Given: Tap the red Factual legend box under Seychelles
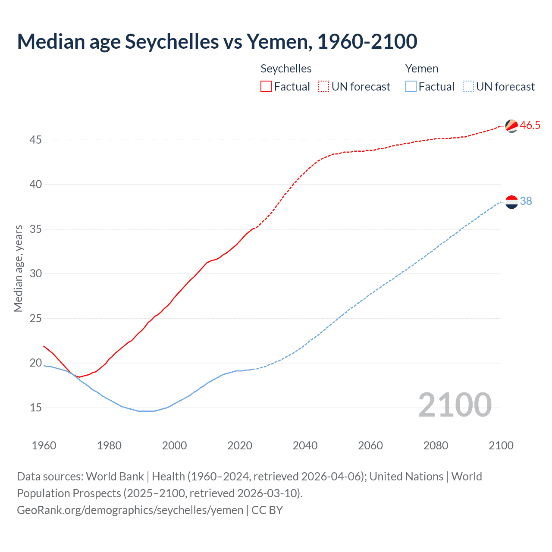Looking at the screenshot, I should point(266,87).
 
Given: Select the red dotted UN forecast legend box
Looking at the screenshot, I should point(323,87).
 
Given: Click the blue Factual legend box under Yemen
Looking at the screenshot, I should point(411,87).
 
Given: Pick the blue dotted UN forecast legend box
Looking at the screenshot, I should point(468,87).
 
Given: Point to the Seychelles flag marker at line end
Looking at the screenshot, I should point(511,125).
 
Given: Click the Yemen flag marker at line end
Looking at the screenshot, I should point(511,201).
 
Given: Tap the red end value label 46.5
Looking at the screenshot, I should point(530,125).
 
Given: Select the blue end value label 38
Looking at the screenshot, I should point(526,201).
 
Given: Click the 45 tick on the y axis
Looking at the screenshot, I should point(36,140).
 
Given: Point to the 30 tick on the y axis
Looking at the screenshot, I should point(36,274).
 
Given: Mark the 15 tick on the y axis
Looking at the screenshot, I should point(36,408).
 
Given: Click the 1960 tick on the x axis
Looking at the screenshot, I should point(44,445).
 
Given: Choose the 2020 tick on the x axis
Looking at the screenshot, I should point(240,445).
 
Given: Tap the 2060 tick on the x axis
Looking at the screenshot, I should point(370,445).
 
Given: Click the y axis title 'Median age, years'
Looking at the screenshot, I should point(18,268).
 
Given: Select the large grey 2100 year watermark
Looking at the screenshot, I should point(455,405).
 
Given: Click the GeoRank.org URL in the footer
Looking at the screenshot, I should point(130,510).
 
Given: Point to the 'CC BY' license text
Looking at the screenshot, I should point(267,510).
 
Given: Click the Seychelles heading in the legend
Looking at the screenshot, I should point(286,69).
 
